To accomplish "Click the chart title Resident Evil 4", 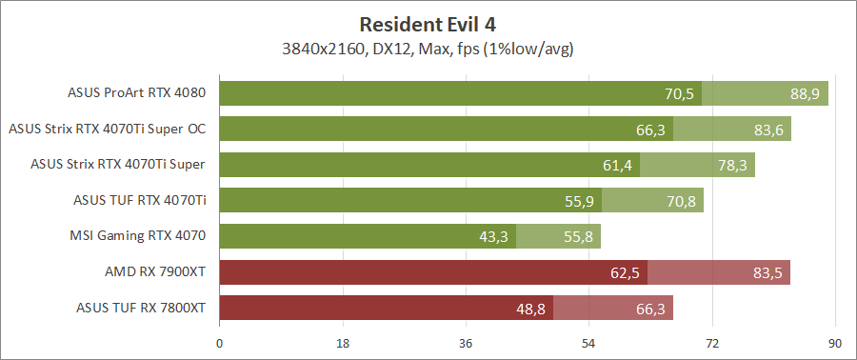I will click(x=428, y=24).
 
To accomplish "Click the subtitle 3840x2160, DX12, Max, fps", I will click(x=428, y=47).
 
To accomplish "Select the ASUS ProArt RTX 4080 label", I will click(x=137, y=93).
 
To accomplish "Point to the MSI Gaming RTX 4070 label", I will click(x=138, y=236).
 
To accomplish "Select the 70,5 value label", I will click(x=679, y=93).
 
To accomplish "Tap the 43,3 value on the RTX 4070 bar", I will click(x=493, y=236).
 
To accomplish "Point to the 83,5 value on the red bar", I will click(x=767, y=272).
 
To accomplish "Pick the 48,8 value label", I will click(x=530, y=308).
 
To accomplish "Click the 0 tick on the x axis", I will click(x=220, y=343).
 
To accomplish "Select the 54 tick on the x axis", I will click(x=589, y=343).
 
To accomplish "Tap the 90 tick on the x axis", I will click(x=835, y=343).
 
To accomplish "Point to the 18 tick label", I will click(x=343, y=343).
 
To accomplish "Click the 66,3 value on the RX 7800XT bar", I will click(x=650, y=308).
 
